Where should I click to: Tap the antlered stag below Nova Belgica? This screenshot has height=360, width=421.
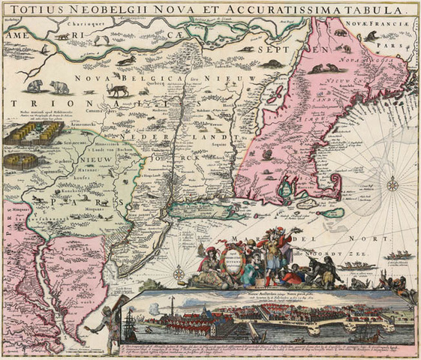[x=117, y=88]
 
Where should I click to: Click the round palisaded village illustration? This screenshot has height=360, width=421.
[x=23, y=160]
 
